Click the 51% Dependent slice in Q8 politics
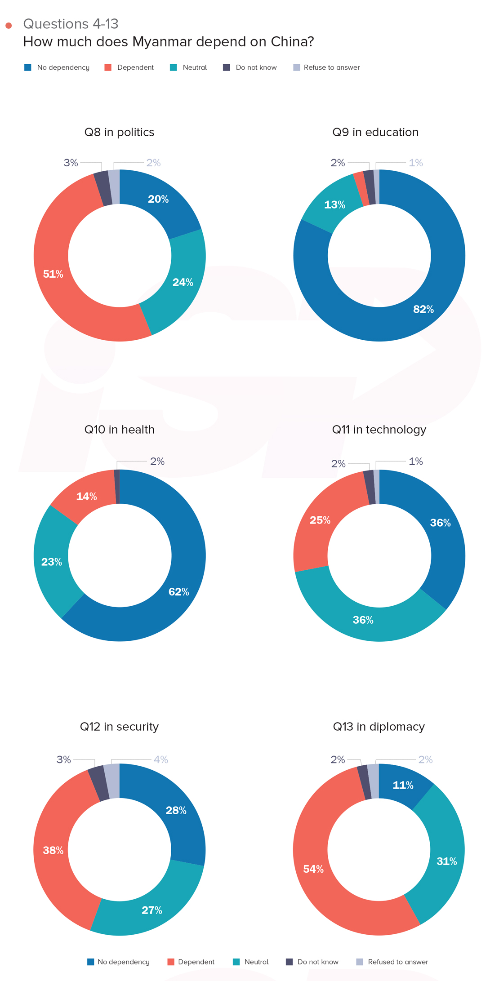click(x=53, y=274)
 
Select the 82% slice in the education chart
click(x=423, y=309)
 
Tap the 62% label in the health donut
click(x=178, y=592)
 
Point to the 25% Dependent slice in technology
click(x=320, y=520)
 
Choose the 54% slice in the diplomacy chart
click(x=313, y=869)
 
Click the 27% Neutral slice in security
click(x=151, y=910)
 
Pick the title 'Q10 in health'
click(x=119, y=430)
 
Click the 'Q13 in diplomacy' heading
click(x=379, y=727)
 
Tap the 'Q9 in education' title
click(x=375, y=132)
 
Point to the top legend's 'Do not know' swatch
click(x=227, y=67)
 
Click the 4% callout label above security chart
click(x=160, y=759)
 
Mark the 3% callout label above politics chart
click(x=71, y=163)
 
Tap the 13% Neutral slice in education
click(x=334, y=205)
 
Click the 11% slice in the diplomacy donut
click(x=403, y=785)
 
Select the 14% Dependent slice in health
click(x=86, y=497)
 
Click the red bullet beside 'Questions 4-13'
click(x=9, y=26)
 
